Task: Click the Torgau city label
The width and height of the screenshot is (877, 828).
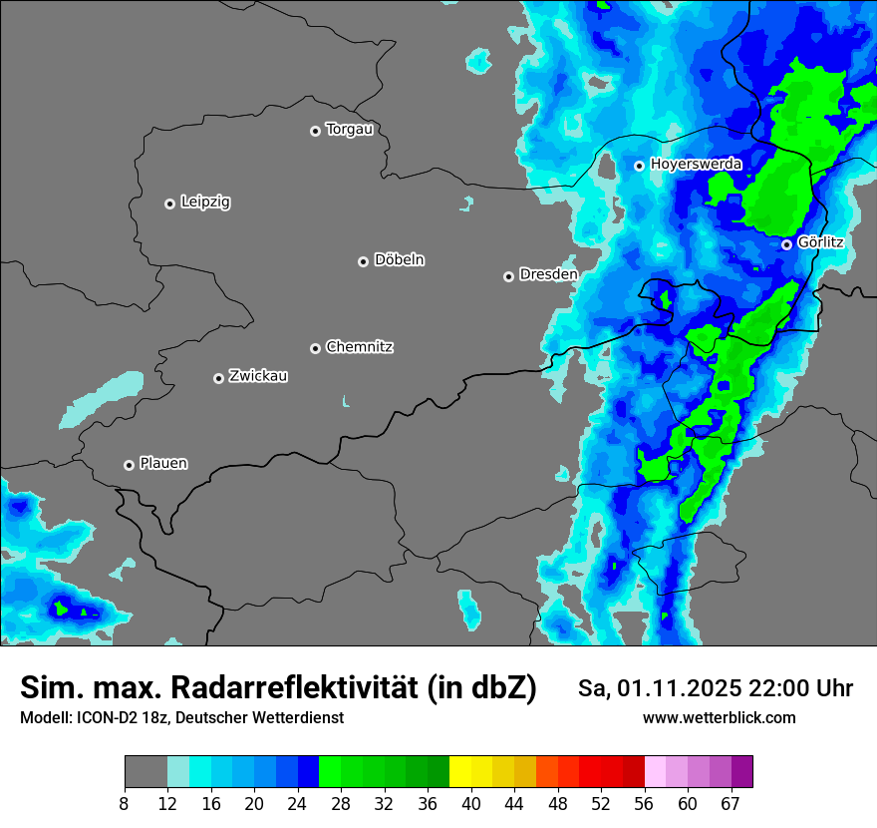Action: (x=349, y=130)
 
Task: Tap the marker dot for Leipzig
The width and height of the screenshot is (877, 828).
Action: (x=169, y=204)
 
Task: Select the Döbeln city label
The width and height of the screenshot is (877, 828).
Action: (x=399, y=260)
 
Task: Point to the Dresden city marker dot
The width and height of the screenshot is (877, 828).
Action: (x=508, y=276)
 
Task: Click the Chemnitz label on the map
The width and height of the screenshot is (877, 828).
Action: (x=359, y=347)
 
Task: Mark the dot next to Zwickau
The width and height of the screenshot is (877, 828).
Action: (x=218, y=378)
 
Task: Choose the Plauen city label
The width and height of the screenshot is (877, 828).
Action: (x=163, y=464)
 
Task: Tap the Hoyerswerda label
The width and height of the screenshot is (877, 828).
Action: (x=696, y=164)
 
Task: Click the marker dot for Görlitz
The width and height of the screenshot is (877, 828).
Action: (x=786, y=244)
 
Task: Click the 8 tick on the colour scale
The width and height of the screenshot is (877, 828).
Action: (x=125, y=803)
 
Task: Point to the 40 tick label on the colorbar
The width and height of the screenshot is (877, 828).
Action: (x=470, y=803)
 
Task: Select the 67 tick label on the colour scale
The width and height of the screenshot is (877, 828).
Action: (x=731, y=803)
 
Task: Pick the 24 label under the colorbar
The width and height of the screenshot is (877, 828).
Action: (x=297, y=803)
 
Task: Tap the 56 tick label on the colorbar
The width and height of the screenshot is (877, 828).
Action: (x=644, y=803)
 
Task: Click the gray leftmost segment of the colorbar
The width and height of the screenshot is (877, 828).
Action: (x=146, y=772)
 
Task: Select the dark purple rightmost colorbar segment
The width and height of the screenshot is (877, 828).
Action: (x=741, y=772)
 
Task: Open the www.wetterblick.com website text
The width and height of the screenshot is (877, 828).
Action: (x=719, y=717)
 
